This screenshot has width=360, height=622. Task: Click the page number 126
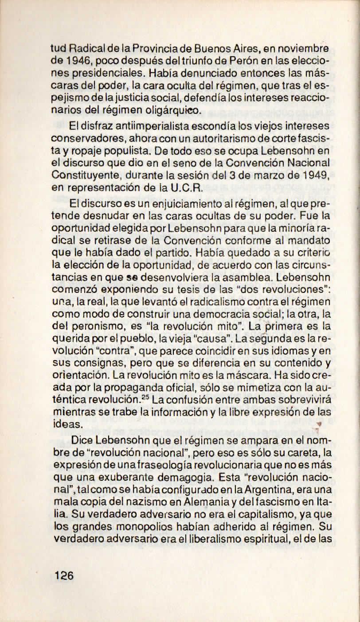point(63,576)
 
